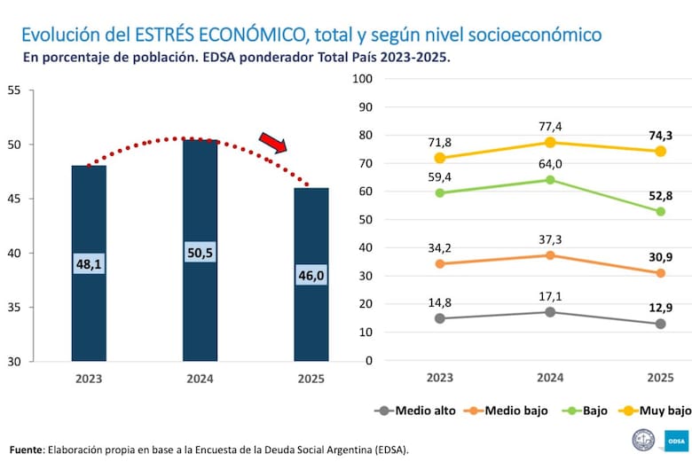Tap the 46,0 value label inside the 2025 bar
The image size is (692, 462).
311,276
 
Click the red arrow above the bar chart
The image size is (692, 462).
273,143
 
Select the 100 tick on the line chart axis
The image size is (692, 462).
362,78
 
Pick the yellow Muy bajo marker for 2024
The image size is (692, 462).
550,142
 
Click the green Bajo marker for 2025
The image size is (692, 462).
660,211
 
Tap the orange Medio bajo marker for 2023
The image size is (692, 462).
440,263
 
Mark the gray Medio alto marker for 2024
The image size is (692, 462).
550,312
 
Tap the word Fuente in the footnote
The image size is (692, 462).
27,450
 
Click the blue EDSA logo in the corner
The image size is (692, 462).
675,440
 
